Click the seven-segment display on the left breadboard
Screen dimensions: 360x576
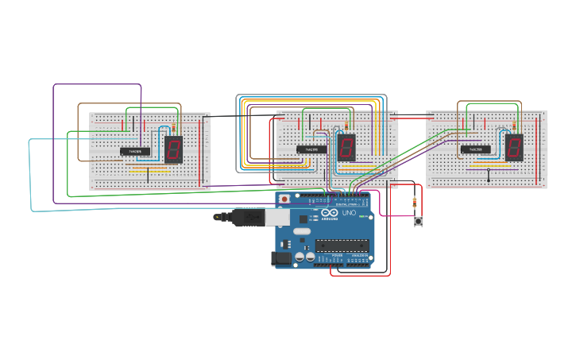(x=174, y=149)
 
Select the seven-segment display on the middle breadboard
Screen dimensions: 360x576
(x=346, y=147)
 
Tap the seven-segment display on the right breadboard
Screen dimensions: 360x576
(x=514, y=147)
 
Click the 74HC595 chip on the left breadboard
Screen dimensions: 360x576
(x=135, y=151)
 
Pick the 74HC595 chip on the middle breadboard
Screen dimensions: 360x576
(x=311, y=149)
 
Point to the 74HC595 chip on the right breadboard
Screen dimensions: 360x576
(x=475, y=149)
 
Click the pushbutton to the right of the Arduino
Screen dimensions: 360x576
(x=418, y=222)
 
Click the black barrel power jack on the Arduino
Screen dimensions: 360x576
(x=279, y=257)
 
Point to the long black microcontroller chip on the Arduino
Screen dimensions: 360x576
(x=342, y=245)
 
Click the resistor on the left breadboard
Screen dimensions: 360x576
(x=178, y=124)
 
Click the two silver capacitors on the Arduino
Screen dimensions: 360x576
(x=304, y=256)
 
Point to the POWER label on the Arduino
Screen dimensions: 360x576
(x=326, y=256)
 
